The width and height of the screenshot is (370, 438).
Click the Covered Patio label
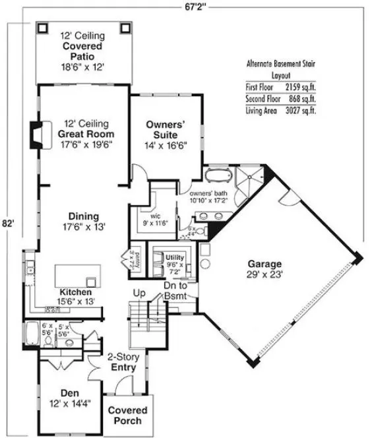[x=82, y=47]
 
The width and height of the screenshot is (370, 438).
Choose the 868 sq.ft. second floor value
[x=296, y=99]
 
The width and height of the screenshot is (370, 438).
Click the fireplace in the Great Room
[x=36, y=135]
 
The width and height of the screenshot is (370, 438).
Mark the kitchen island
[x=77, y=274]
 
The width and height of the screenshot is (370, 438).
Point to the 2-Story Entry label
[x=123, y=361]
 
